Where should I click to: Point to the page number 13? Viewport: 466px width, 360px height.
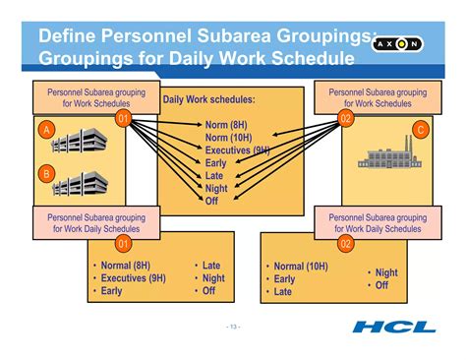tap(232, 327)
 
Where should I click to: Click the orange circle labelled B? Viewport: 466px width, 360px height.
tap(44, 173)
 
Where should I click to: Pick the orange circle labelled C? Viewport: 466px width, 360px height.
tap(420, 129)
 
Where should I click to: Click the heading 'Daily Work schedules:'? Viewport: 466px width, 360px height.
tap(208, 100)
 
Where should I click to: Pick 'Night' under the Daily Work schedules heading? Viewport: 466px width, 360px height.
tap(216, 188)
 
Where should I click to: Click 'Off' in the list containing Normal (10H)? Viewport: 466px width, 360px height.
tap(381, 285)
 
